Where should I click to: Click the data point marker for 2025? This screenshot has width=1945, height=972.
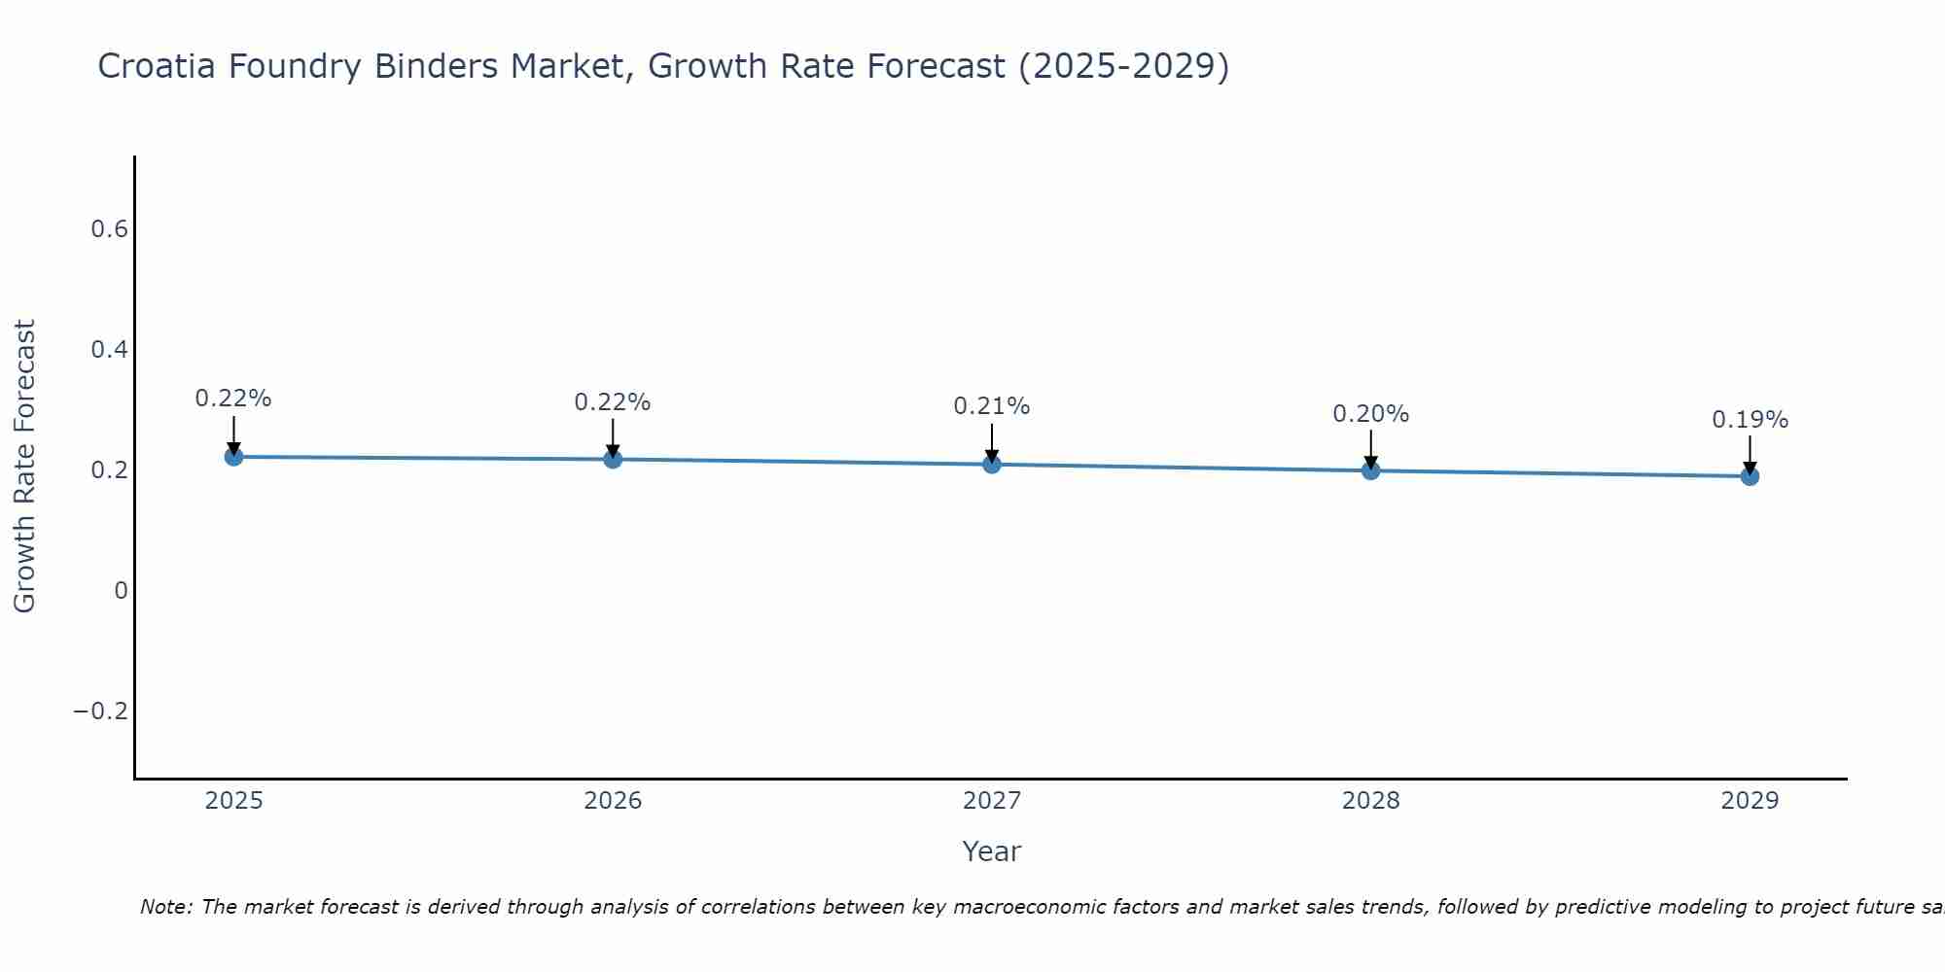233,457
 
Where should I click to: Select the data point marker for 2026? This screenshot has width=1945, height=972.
613,459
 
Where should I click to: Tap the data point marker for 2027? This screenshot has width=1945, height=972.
992,465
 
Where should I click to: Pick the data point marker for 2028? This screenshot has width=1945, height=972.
1370,470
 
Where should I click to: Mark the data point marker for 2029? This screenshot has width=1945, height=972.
1750,476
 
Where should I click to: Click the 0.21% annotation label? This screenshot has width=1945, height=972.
991,406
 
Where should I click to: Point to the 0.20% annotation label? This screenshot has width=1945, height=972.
1370,414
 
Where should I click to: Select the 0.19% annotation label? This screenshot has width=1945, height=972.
1750,420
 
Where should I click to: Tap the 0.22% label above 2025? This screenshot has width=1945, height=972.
233,399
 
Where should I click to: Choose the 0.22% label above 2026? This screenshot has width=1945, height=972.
613,402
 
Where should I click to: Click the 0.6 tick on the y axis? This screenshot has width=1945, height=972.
109,229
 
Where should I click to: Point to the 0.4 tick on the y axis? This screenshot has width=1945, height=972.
109,350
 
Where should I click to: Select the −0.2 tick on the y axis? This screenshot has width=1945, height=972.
100,712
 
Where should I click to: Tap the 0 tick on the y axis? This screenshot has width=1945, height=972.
121,591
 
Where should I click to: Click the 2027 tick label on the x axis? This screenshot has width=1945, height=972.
991,801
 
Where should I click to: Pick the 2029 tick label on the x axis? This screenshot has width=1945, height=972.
1750,801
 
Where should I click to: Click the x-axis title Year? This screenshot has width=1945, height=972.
991,851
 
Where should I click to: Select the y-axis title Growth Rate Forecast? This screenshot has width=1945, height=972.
25,467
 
